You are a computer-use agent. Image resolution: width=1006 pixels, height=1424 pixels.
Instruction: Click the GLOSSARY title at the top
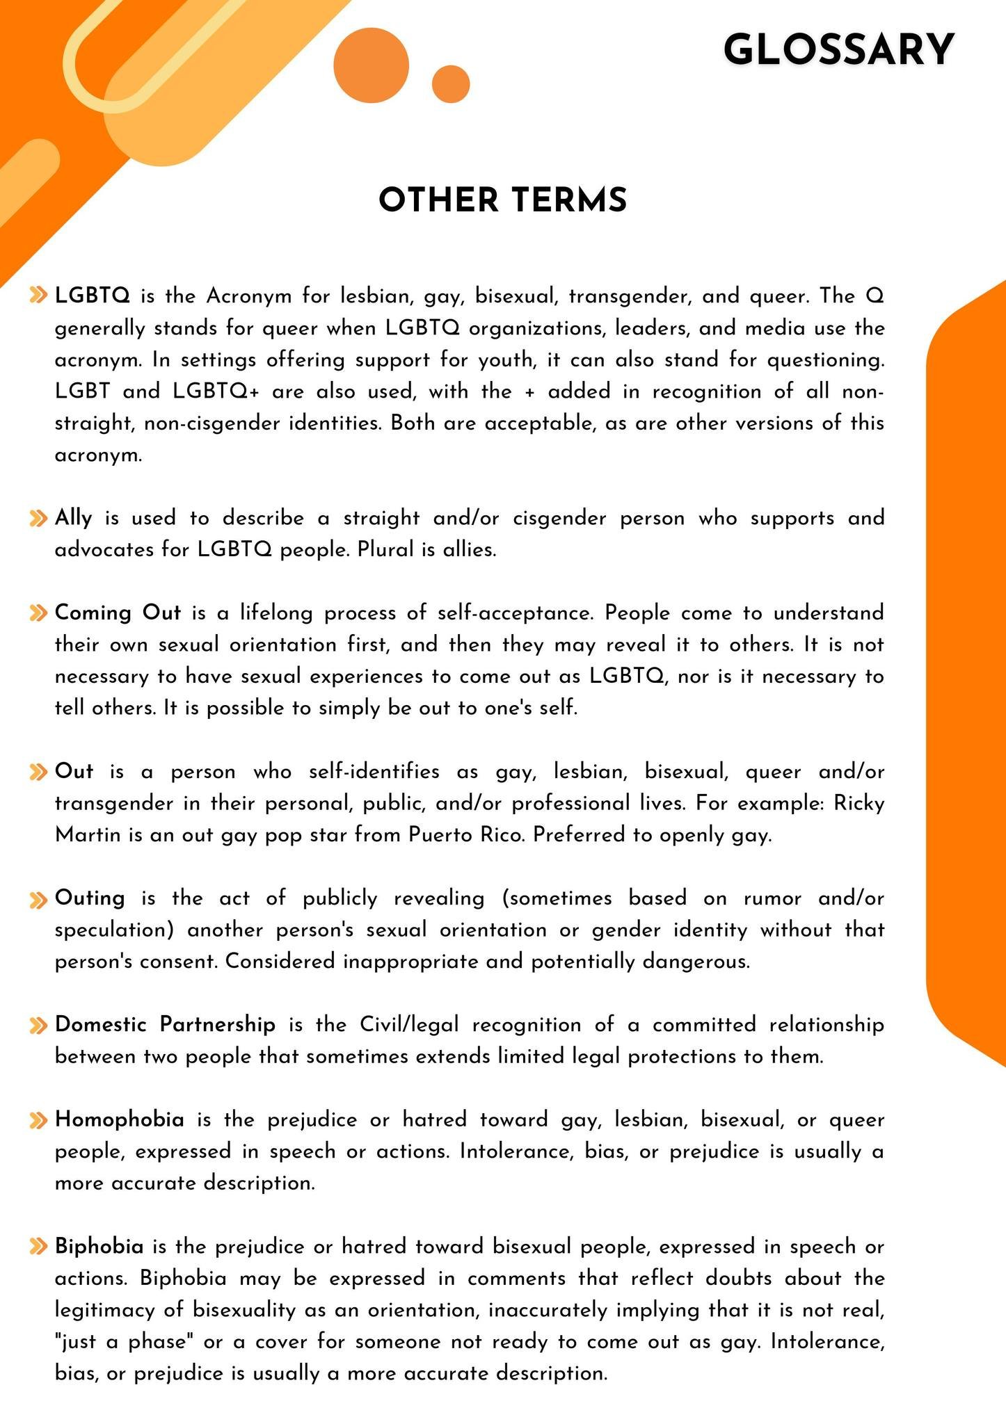[x=838, y=50]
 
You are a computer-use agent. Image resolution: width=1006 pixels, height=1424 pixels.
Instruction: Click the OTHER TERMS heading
[x=503, y=200]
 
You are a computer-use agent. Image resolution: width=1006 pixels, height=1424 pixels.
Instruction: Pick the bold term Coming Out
[x=118, y=613]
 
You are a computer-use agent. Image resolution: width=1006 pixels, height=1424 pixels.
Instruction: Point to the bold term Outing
[x=90, y=898]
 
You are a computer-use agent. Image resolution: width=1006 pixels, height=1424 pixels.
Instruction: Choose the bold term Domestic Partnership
[x=165, y=1025]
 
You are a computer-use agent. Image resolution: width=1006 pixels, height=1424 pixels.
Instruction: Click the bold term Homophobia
[x=120, y=1120]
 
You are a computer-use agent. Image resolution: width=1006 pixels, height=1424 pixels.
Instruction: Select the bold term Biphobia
[x=99, y=1247]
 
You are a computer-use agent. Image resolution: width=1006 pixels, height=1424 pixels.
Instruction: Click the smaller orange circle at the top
[x=451, y=84]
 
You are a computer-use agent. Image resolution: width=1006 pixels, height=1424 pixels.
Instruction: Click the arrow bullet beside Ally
[x=38, y=519]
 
